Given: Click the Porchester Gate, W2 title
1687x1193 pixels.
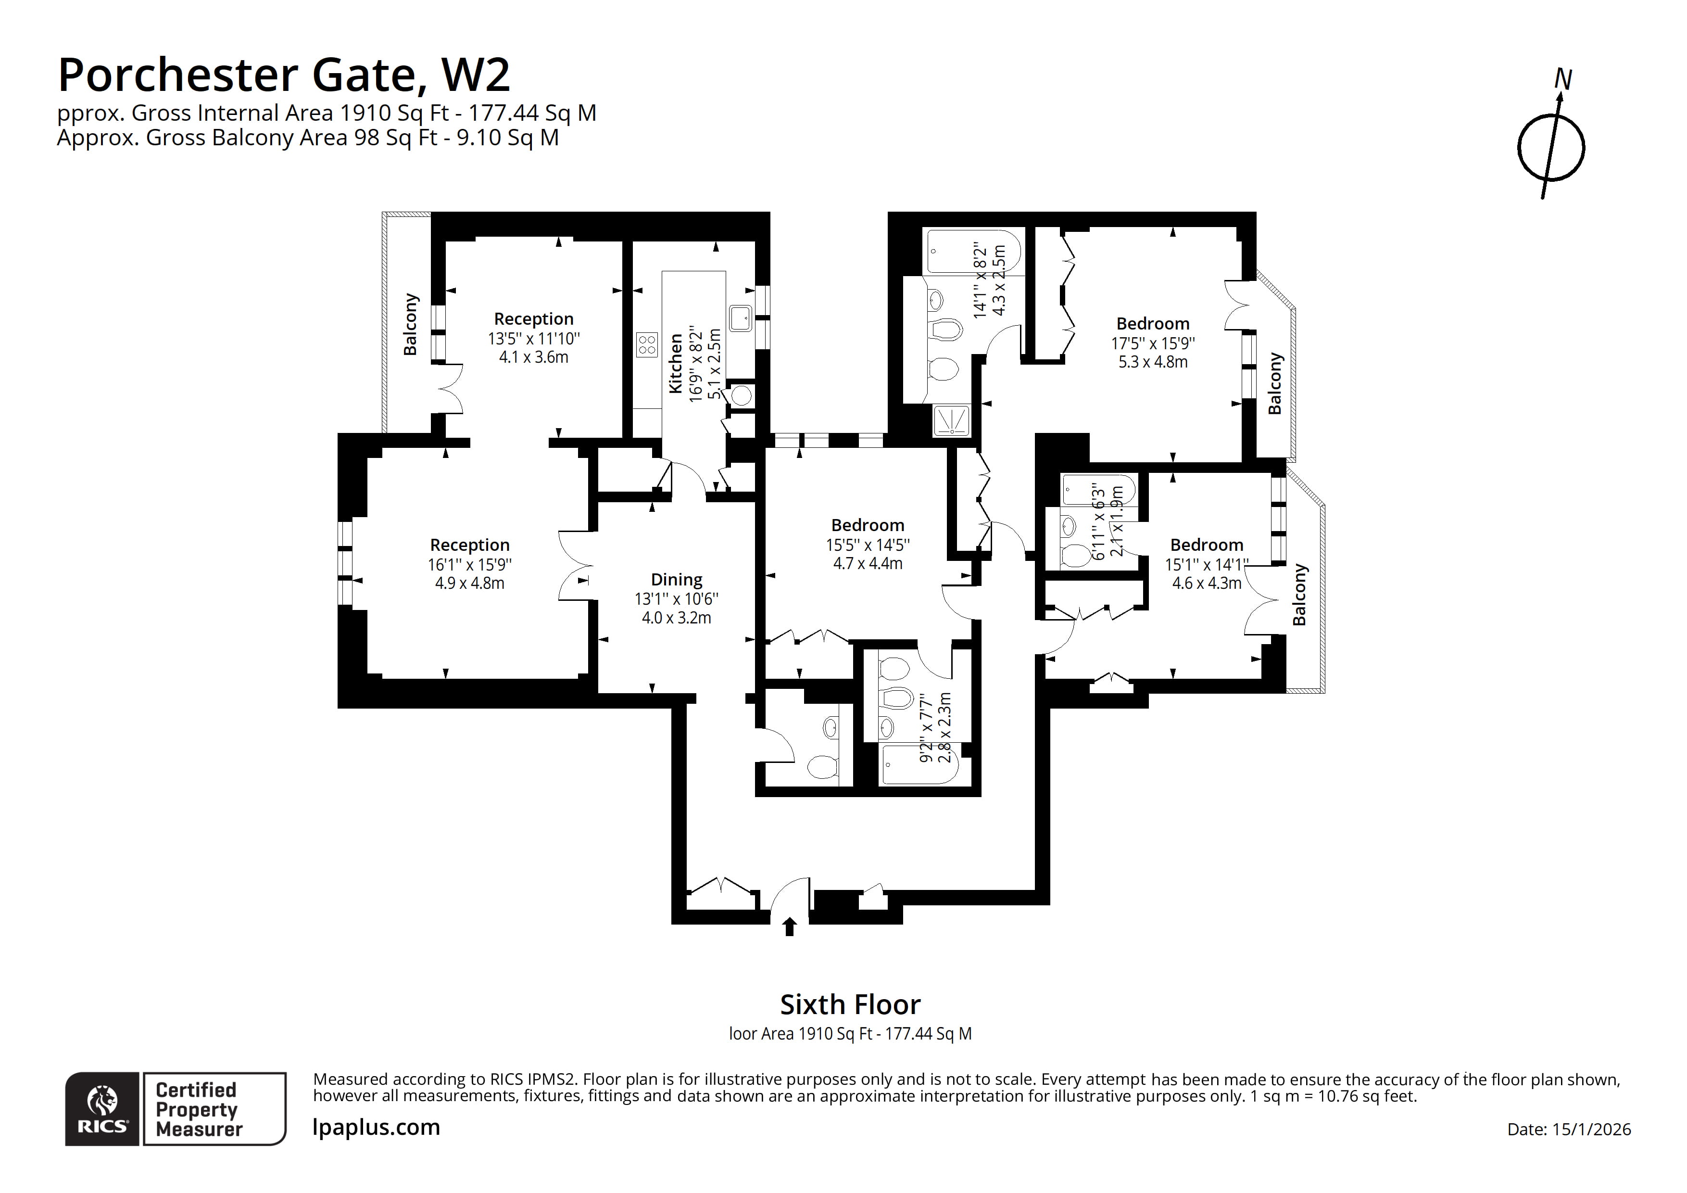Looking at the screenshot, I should pyautogui.click(x=284, y=75).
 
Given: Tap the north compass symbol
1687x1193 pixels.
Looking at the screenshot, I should pyautogui.click(x=1550, y=147).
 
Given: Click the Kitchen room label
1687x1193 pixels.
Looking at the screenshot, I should pyautogui.click(x=675, y=364).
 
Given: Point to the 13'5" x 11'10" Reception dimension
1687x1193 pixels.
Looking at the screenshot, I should pyautogui.click(x=533, y=339).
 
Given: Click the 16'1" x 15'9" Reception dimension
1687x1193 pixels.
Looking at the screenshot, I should pyautogui.click(x=469, y=565).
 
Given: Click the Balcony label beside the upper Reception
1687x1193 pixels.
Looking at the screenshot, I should pyautogui.click(x=410, y=324).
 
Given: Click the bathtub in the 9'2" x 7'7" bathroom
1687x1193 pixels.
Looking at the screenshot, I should pyautogui.click(x=919, y=764).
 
